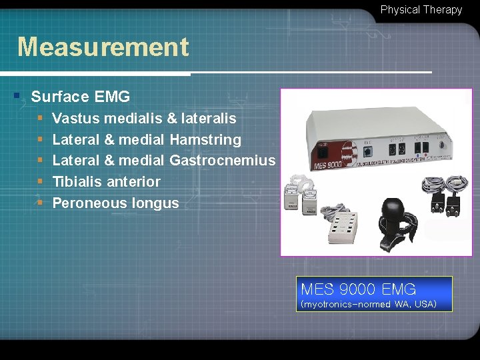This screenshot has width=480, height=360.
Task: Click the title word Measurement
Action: pyautogui.click(x=103, y=47)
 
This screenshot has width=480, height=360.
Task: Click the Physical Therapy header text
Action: pyautogui.click(x=421, y=10)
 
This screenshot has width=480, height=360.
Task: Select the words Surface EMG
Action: pyautogui.click(x=80, y=97)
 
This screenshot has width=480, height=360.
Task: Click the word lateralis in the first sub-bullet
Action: pyautogui.click(x=209, y=119)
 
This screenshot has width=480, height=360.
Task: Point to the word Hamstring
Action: pyautogui.click(x=205, y=140)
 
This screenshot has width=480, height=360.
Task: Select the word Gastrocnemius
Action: pyautogui.click(x=222, y=161)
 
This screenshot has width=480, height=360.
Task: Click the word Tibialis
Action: pyautogui.click(x=79, y=182)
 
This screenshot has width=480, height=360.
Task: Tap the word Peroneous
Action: pyautogui.click(x=83, y=203)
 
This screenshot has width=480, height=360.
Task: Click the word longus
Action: pyautogui.click(x=155, y=203)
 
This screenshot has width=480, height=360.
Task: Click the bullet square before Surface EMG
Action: pyautogui.click(x=17, y=96)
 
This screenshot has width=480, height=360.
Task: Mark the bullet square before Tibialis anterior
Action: pyautogui.click(x=40, y=181)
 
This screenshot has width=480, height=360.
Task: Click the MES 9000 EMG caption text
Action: pyautogui.click(x=358, y=289)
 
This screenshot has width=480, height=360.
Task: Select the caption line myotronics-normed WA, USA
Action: pyautogui.click(x=369, y=305)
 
